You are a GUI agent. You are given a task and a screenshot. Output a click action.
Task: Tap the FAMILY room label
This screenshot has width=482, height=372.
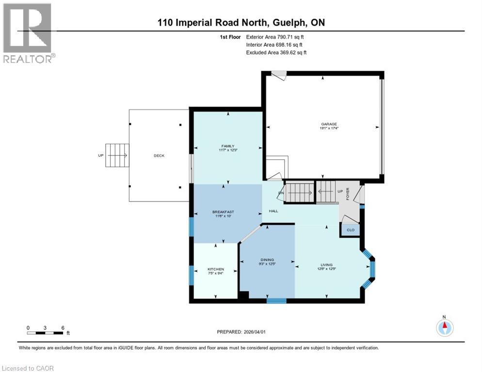pyautogui.click(x=227, y=146)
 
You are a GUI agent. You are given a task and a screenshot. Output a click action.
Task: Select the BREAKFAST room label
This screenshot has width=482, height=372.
pyautogui.click(x=224, y=212)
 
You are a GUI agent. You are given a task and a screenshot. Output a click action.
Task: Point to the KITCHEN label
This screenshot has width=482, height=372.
pyautogui.click(x=216, y=269)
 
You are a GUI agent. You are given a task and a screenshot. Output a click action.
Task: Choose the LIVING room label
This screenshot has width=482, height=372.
pyautogui.click(x=326, y=265)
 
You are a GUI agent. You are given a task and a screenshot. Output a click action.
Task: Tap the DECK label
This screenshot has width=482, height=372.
pyautogui.click(x=159, y=155)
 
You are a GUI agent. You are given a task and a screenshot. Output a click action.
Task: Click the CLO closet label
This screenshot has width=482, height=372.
pyautogui.click(x=351, y=230)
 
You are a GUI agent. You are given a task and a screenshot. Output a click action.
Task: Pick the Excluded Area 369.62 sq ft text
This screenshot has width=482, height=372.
pyautogui.click(x=276, y=52)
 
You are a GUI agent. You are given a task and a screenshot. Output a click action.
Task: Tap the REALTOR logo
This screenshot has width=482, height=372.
pyautogui.click(x=29, y=32)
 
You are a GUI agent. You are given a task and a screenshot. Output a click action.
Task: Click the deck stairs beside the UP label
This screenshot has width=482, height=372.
pyautogui.click(x=117, y=155)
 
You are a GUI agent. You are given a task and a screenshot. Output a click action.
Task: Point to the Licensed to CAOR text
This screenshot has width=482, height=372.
pyautogui.click(x=28, y=368)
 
